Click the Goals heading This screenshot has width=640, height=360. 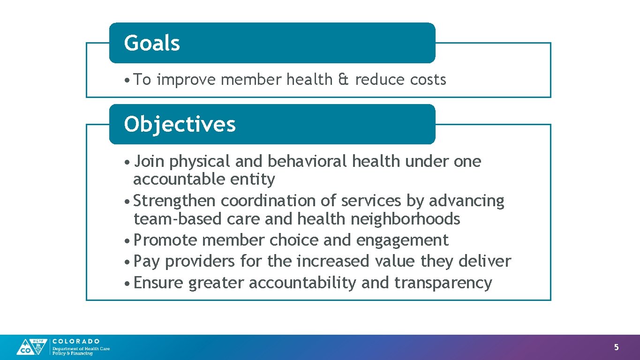[x=152, y=43]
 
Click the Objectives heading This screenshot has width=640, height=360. [x=180, y=125]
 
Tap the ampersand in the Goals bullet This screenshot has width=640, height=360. [x=343, y=80]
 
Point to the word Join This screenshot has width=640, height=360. [x=149, y=162]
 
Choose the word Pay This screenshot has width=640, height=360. [x=146, y=262]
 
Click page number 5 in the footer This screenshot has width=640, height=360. [x=617, y=347]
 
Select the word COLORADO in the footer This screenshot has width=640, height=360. [x=76, y=341]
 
